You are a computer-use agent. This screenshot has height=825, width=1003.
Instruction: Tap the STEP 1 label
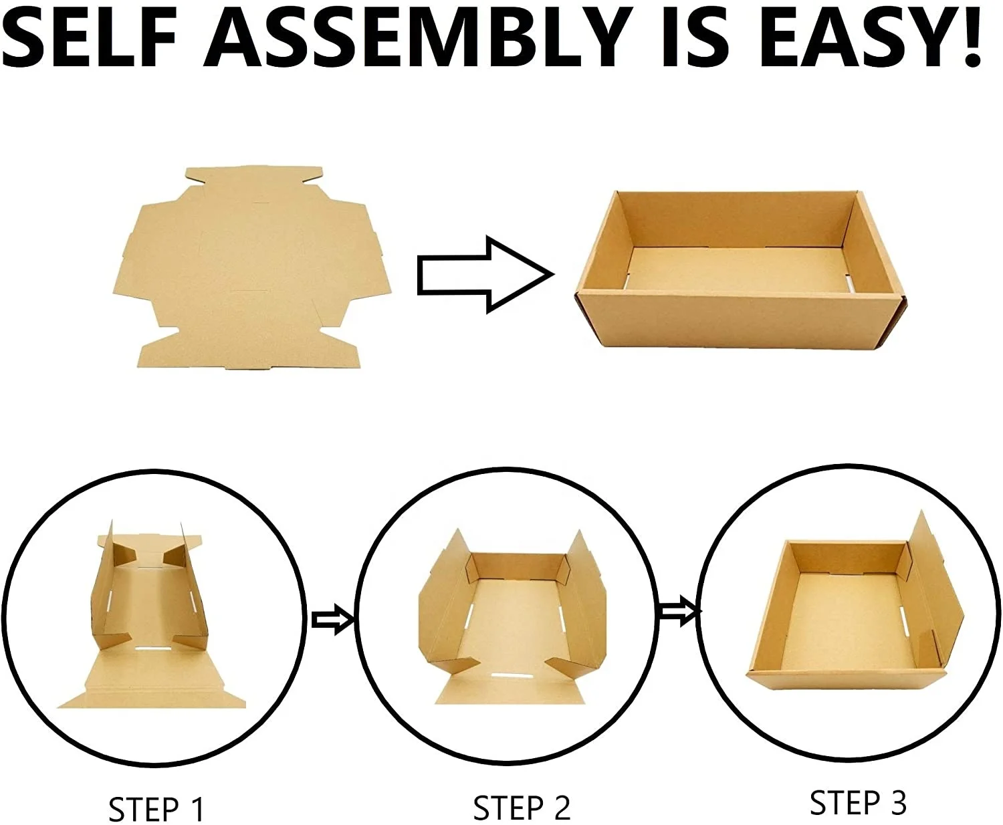click(156, 809)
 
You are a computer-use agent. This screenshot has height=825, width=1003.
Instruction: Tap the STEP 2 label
click(522, 808)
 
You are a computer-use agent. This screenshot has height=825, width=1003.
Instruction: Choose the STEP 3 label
click(858, 803)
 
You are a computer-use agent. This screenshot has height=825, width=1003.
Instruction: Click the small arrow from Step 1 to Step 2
click(332, 620)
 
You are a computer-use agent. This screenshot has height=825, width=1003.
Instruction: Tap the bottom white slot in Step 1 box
click(154, 648)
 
